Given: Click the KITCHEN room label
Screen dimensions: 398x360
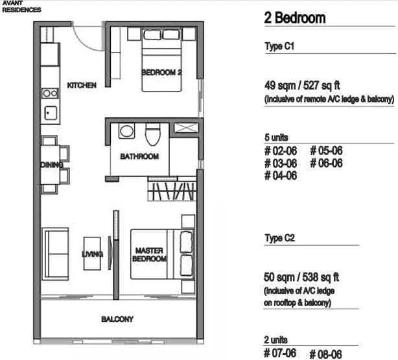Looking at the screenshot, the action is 82,85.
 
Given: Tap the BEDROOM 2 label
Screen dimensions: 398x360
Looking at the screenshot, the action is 161,73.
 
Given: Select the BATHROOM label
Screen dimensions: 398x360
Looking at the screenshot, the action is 139,156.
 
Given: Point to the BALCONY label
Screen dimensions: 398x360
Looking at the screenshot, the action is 117,319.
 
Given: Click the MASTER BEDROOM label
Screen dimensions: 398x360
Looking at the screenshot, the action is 149,255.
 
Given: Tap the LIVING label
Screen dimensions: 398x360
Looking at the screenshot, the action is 93,254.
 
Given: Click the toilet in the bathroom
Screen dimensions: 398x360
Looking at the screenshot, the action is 153,134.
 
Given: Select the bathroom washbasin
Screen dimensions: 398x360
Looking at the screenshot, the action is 126,131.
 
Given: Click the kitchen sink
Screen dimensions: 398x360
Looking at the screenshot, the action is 51,113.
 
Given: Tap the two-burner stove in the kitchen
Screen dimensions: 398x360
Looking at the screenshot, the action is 50,93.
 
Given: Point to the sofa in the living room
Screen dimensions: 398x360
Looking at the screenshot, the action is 55,254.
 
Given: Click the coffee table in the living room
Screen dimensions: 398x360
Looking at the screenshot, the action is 92,254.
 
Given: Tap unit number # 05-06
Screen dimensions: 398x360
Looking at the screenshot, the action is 326,150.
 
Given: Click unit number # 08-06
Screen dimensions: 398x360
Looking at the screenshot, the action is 325,354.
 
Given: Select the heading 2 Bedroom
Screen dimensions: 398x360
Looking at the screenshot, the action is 295,18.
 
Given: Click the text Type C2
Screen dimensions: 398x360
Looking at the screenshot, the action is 280,238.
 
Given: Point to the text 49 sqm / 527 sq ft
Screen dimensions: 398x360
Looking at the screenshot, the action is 302,86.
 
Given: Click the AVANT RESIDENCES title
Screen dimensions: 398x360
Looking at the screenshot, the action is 21,6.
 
